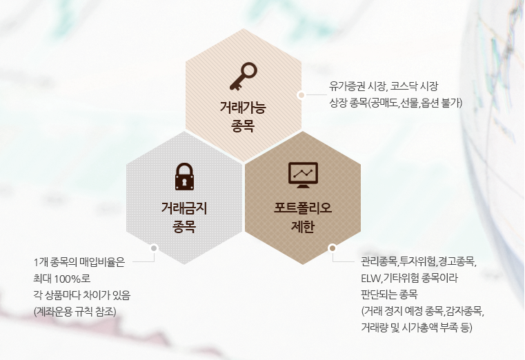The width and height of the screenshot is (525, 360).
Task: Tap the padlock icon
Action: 184,177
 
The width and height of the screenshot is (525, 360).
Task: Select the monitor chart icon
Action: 303,175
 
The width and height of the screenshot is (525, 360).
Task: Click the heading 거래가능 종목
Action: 243,117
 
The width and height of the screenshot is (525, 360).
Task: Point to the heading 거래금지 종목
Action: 184,217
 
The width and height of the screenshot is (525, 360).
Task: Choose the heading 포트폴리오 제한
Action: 303,217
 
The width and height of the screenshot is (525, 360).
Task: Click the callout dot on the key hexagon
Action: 301,95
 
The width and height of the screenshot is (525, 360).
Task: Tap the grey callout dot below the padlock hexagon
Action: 154,248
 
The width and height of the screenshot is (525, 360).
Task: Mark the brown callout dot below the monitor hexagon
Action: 333,248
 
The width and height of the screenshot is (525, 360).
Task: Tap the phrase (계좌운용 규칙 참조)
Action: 75,312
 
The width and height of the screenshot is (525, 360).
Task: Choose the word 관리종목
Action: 379,261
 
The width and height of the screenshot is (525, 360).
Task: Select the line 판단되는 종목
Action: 389,294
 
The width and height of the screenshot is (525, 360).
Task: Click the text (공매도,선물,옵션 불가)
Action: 415,103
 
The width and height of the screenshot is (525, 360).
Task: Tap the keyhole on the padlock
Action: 184,182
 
